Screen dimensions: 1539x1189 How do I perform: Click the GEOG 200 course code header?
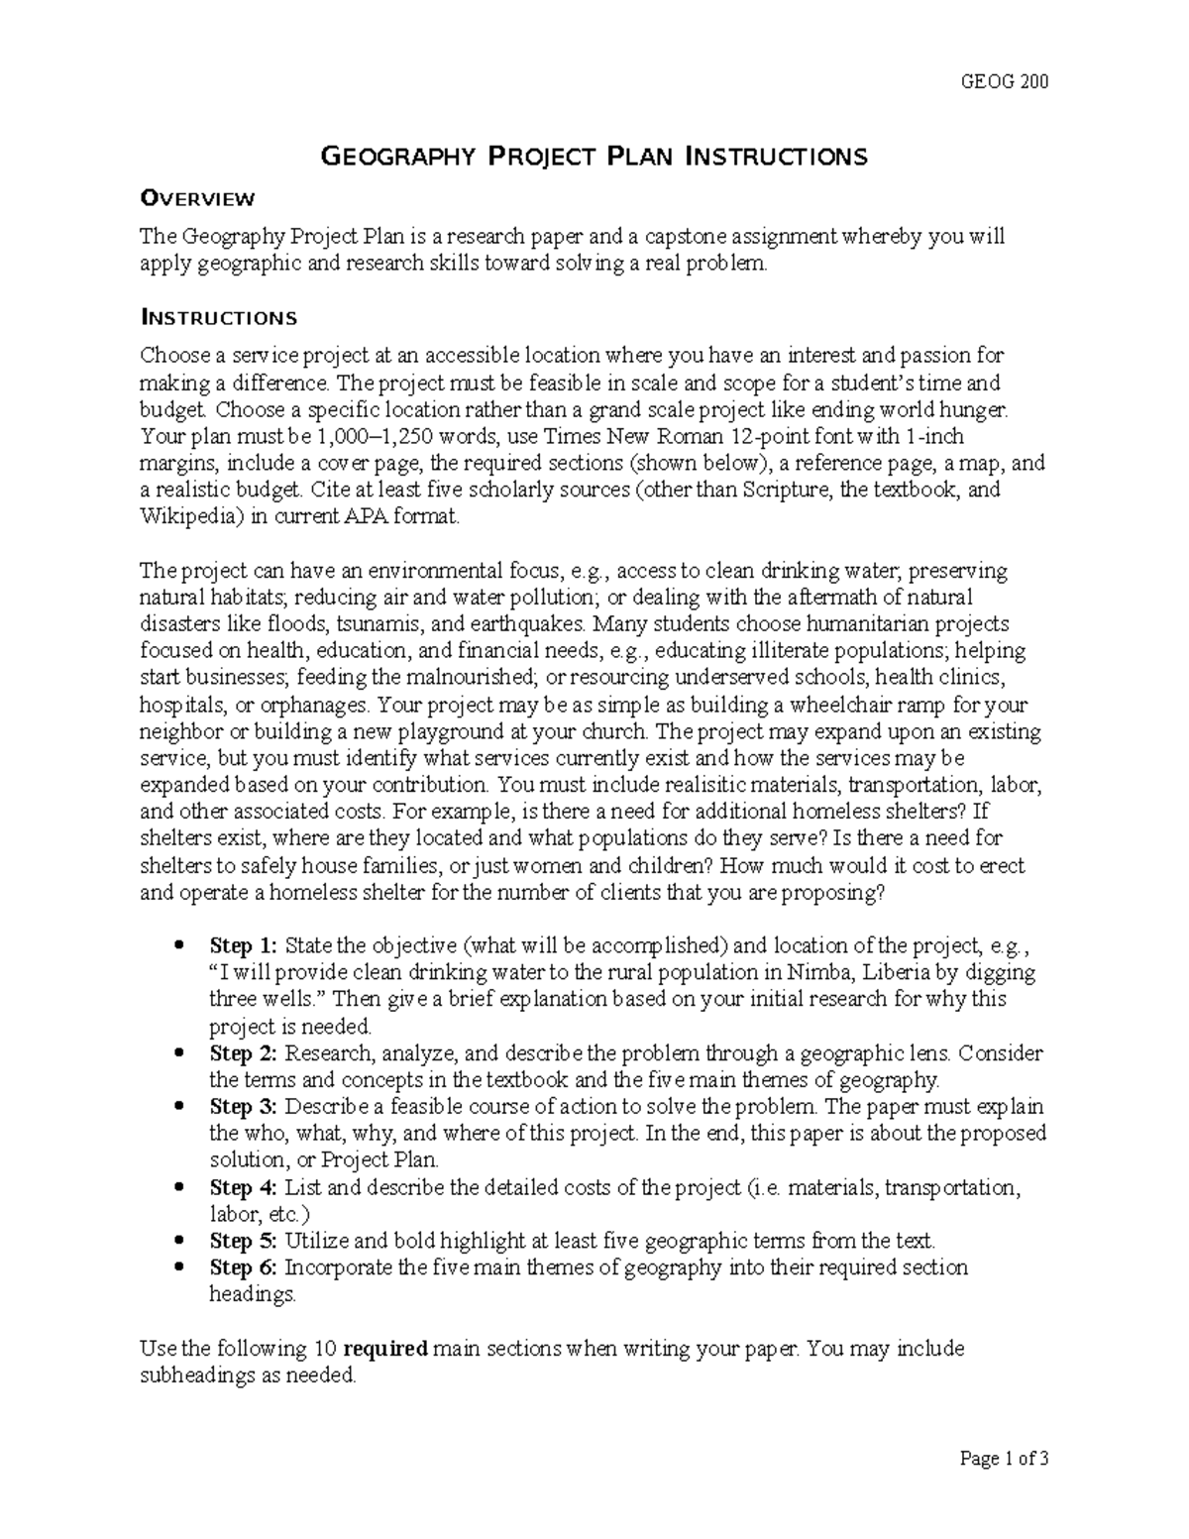coord(1005,81)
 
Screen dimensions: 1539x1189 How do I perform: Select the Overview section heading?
coord(198,198)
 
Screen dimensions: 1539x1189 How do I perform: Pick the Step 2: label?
coord(244,1052)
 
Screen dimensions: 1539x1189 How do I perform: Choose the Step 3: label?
coord(244,1106)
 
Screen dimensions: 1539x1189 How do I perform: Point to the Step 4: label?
coord(244,1187)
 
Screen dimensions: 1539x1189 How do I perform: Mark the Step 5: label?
coord(244,1241)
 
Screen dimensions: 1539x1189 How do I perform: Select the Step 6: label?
coord(244,1267)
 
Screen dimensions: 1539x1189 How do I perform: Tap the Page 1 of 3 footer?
coord(1004,1459)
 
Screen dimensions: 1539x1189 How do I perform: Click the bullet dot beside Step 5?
coord(178,1241)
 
